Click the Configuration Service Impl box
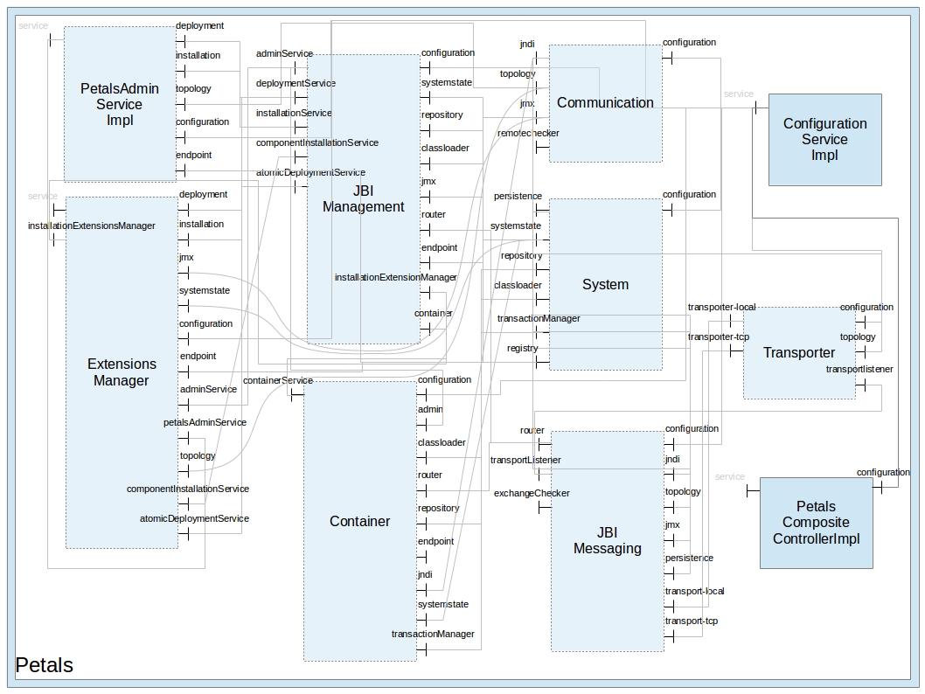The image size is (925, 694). pos(824,139)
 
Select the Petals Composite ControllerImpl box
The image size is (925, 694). pos(816,523)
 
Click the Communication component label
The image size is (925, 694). pos(605,102)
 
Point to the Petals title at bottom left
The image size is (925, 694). pos(45,665)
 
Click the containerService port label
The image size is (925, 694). pos(278,380)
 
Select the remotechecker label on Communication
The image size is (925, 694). pos(528,133)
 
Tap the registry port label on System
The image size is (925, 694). pos(523,348)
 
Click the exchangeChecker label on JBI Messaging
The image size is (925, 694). pos(532,493)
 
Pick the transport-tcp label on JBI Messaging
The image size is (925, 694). pos(691,621)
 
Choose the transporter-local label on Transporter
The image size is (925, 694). pos(721,307)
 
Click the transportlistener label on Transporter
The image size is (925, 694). pos(859,369)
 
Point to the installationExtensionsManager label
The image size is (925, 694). pos(92,226)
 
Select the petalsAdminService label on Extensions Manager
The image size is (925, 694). pos(205,422)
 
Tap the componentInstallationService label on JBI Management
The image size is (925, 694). pos(317,142)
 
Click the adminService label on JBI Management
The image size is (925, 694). pos(284,53)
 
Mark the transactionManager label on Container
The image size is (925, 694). pos(433,634)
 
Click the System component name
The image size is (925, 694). pos(605,284)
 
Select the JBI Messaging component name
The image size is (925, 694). pos(607,540)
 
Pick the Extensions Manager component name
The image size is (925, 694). pos(122,371)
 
